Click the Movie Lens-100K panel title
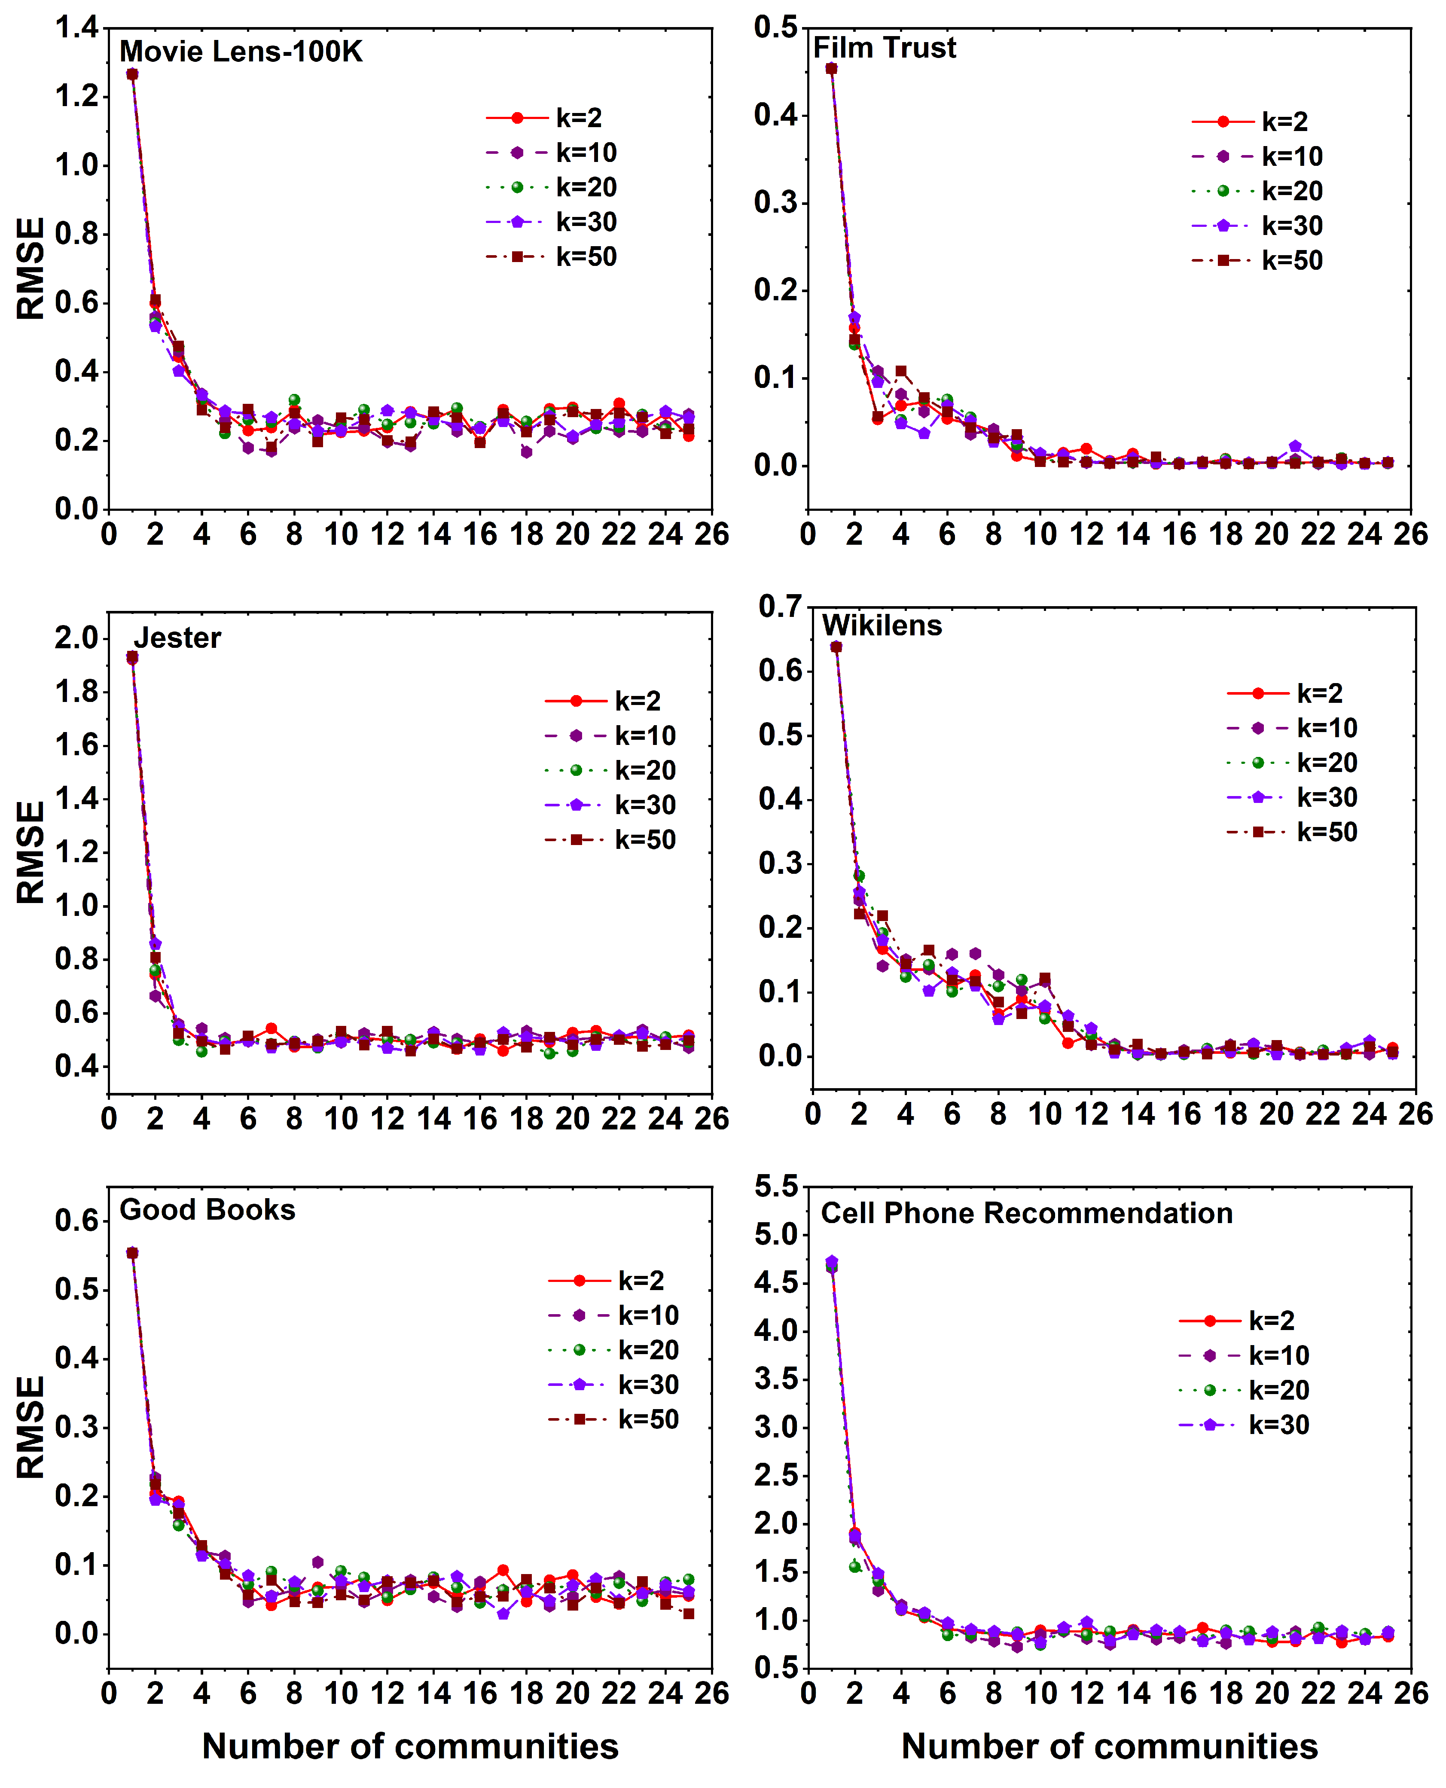click(241, 52)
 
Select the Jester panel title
click(177, 638)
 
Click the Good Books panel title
click(207, 1209)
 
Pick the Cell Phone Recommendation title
click(1026, 1213)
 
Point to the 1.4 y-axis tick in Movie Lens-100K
click(76, 28)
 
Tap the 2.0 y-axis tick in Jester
click(76, 638)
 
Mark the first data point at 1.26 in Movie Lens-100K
click(131, 74)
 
